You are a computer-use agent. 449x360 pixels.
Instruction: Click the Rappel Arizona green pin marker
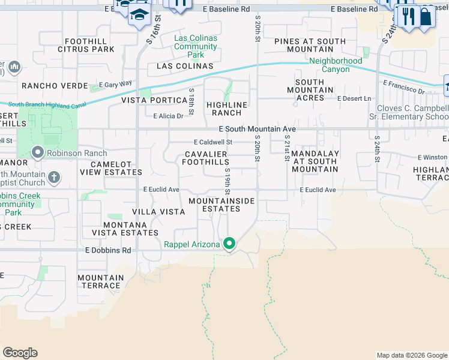(229, 244)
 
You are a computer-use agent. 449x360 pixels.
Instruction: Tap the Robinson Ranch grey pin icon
(37, 153)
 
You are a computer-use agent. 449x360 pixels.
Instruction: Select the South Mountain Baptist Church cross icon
(54, 177)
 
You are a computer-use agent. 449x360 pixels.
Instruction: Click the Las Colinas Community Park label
(196, 46)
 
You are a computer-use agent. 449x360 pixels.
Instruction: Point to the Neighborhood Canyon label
(336, 65)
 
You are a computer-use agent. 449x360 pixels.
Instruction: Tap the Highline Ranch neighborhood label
(227, 109)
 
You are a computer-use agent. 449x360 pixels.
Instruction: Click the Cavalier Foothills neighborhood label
(206, 158)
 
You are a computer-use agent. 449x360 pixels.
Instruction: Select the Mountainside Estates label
(221, 205)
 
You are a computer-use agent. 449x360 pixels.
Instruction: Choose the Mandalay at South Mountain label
(315, 161)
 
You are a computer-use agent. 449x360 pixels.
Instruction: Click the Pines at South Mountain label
(310, 45)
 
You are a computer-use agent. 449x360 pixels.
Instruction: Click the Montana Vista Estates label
(125, 233)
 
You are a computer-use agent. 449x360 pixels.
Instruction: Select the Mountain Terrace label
(100, 281)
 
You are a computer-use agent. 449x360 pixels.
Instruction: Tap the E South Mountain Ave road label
(257, 129)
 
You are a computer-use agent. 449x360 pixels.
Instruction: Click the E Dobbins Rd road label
(108, 250)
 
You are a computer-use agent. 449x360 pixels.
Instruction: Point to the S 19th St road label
(228, 181)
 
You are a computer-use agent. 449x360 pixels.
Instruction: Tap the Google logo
(20, 353)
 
